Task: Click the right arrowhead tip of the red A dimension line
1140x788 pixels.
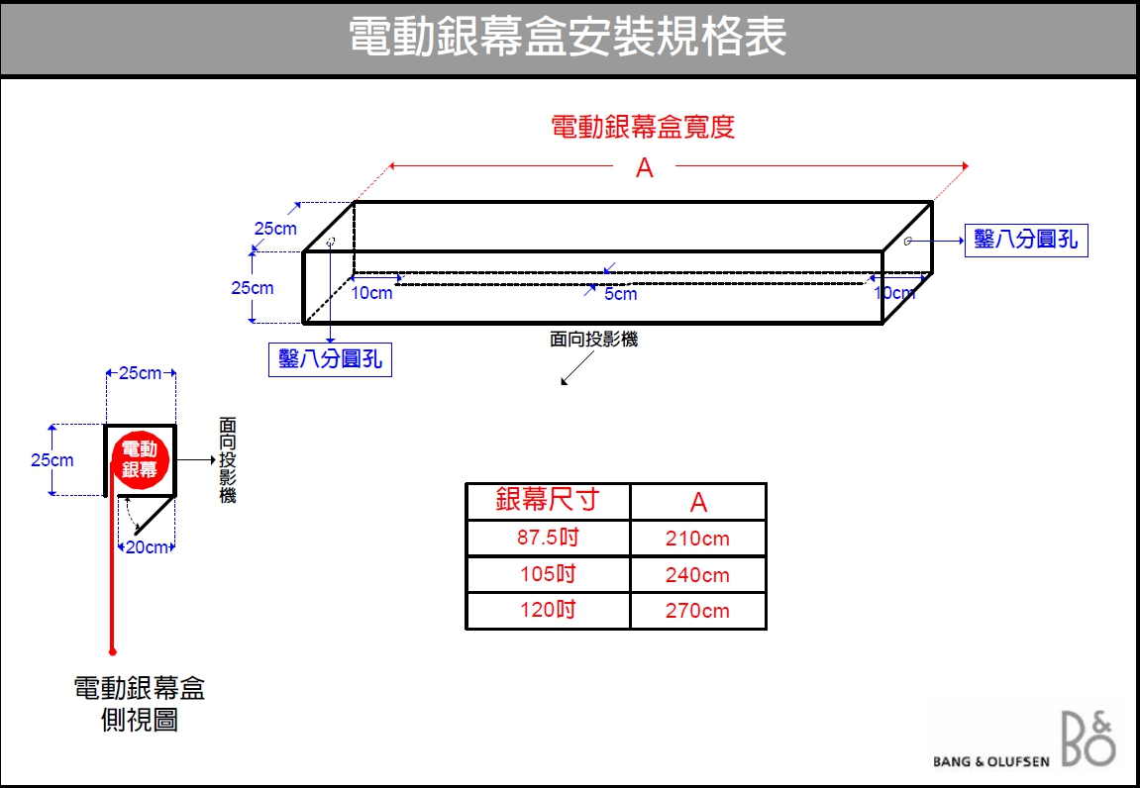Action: [969, 166]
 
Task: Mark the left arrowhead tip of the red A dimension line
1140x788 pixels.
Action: [389, 166]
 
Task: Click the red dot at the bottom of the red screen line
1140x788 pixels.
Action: [113, 651]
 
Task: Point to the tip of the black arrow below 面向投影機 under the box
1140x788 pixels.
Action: [562, 383]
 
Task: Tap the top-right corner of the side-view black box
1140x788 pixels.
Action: [175, 426]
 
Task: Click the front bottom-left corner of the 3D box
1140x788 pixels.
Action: [303, 323]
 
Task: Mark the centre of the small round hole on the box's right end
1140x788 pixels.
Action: [907, 242]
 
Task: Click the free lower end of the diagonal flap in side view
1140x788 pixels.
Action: [137, 533]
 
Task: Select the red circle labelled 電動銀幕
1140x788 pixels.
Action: [140, 460]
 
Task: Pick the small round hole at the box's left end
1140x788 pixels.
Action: [331, 241]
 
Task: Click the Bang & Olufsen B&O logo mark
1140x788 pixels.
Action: [1088, 739]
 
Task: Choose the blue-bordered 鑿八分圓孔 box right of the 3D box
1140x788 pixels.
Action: [1026, 240]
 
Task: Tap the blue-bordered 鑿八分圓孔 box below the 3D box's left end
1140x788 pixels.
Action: [330, 359]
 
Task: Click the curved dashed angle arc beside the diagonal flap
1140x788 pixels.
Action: [131, 514]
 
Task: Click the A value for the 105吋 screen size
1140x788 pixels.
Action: [697, 575]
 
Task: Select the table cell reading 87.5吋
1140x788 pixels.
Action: [548, 538]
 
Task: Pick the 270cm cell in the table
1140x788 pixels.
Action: [697, 611]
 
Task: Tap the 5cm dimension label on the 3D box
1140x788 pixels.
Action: [621, 294]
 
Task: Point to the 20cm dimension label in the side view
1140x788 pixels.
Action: [147, 547]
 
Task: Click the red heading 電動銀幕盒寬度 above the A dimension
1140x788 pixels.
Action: [644, 127]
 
